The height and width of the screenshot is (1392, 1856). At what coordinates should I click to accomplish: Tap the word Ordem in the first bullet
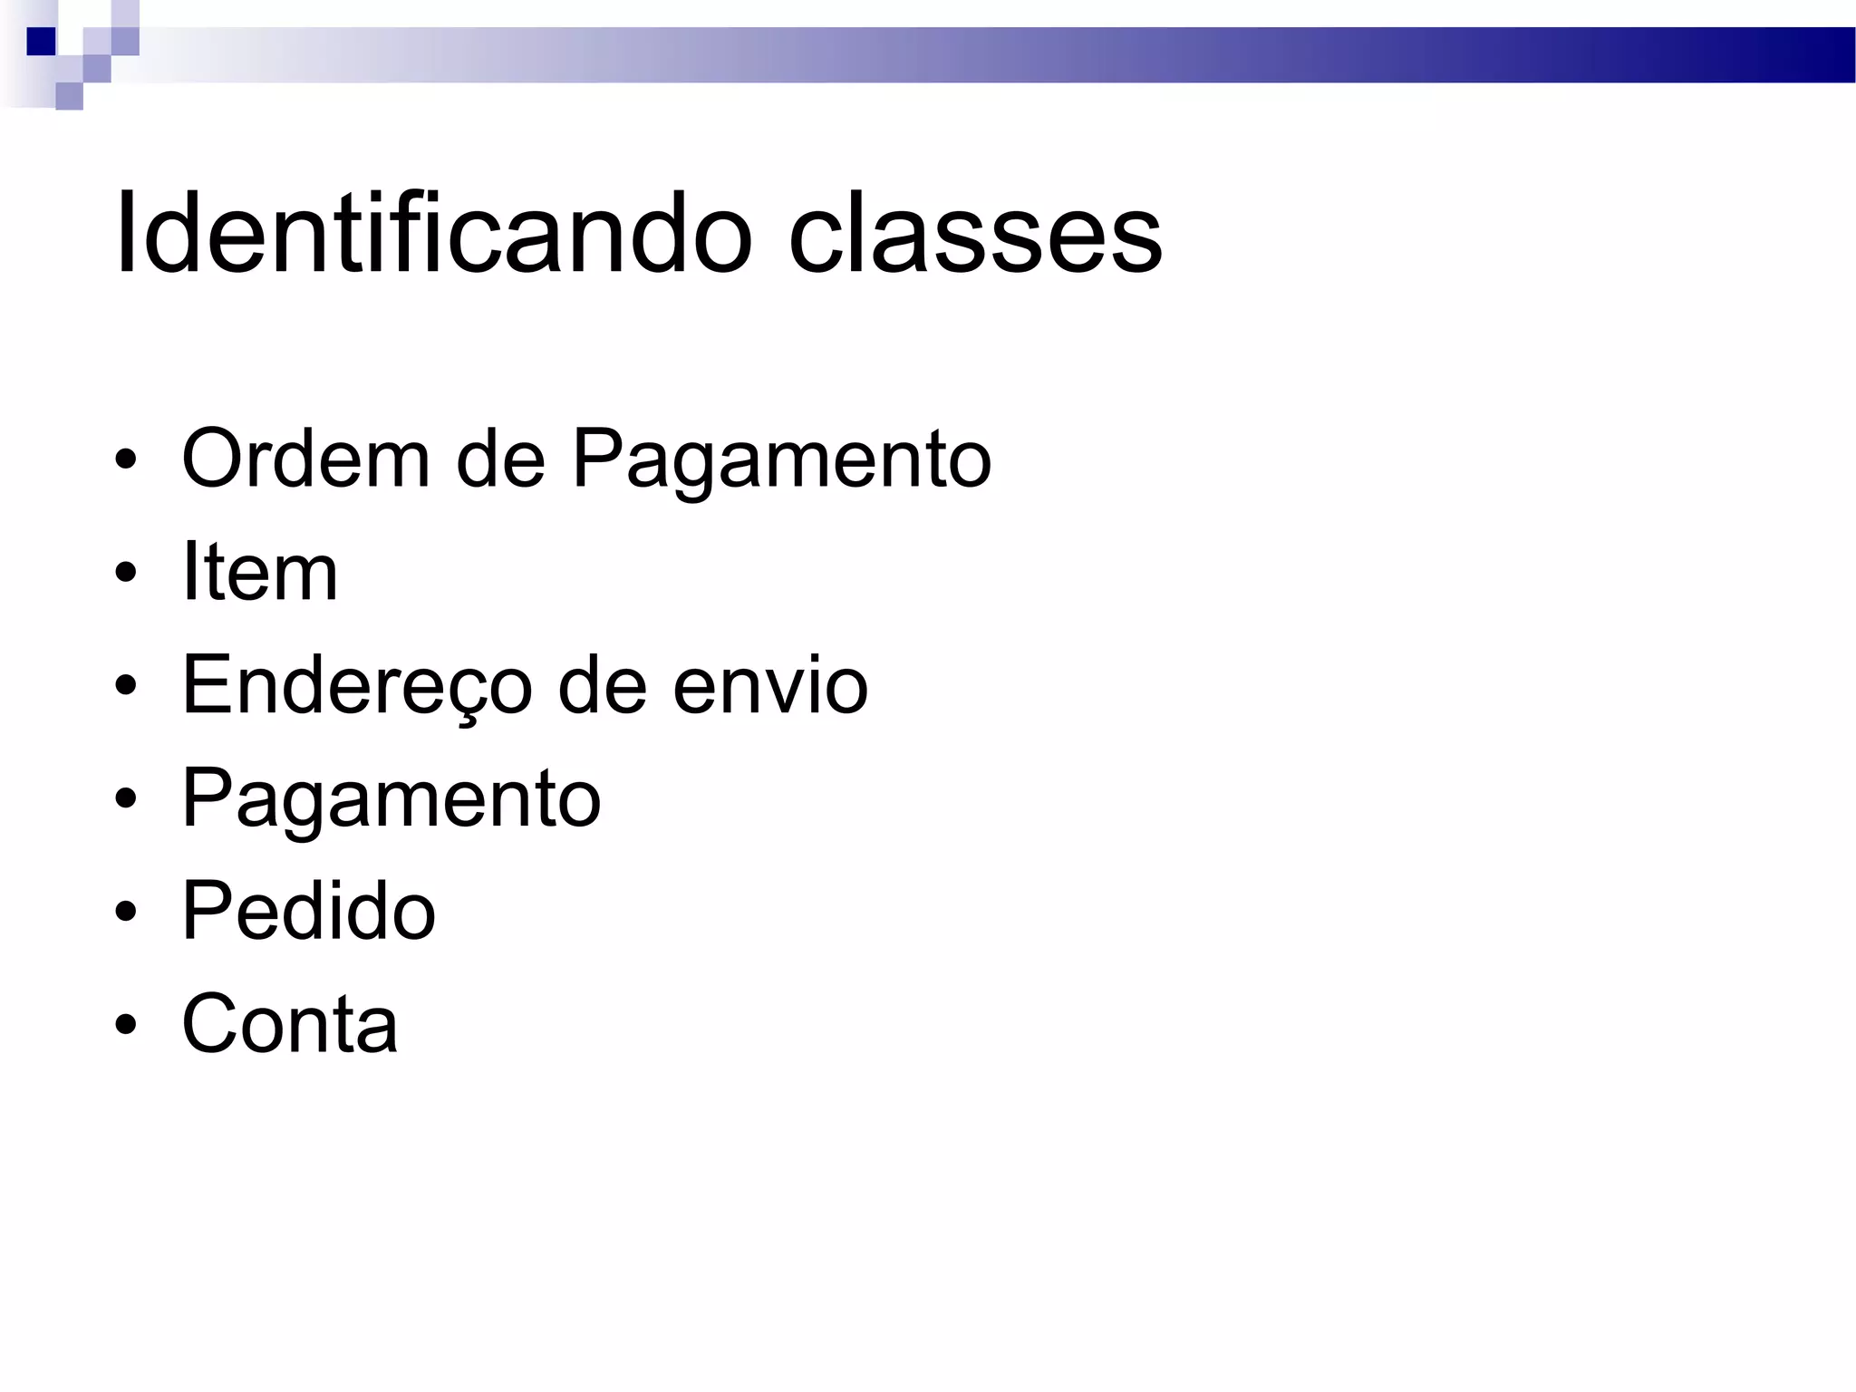click(x=305, y=459)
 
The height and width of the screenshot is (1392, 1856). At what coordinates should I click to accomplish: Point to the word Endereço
click(x=357, y=687)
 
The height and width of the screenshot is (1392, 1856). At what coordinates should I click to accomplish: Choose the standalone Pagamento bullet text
click(x=391, y=800)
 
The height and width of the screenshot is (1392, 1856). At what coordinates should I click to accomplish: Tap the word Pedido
click(x=308, y=911)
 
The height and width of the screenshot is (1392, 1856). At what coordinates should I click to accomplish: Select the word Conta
click(x=289, y=1024)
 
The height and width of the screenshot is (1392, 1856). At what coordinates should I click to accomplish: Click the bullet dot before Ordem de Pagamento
click(x=126, y=460)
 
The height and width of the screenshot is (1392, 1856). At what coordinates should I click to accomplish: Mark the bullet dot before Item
click(x=126, y=574)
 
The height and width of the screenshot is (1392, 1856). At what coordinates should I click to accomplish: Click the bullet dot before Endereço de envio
click(x=126, y=686)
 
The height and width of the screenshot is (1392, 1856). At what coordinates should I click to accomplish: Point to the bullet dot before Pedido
click(x=126, y=912)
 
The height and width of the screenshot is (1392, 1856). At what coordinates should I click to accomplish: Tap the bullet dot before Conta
click(x=126, y=1025)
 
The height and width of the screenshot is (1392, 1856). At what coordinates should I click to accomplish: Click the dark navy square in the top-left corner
click(x=41, y=42)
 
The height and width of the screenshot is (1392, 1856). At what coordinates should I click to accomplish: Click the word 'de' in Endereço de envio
click(x=602, y=685)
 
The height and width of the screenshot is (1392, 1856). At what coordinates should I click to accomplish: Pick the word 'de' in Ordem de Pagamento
click(x=500, y=459)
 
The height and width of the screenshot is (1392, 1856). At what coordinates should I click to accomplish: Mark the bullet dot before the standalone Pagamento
click(x=126, y=798)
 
